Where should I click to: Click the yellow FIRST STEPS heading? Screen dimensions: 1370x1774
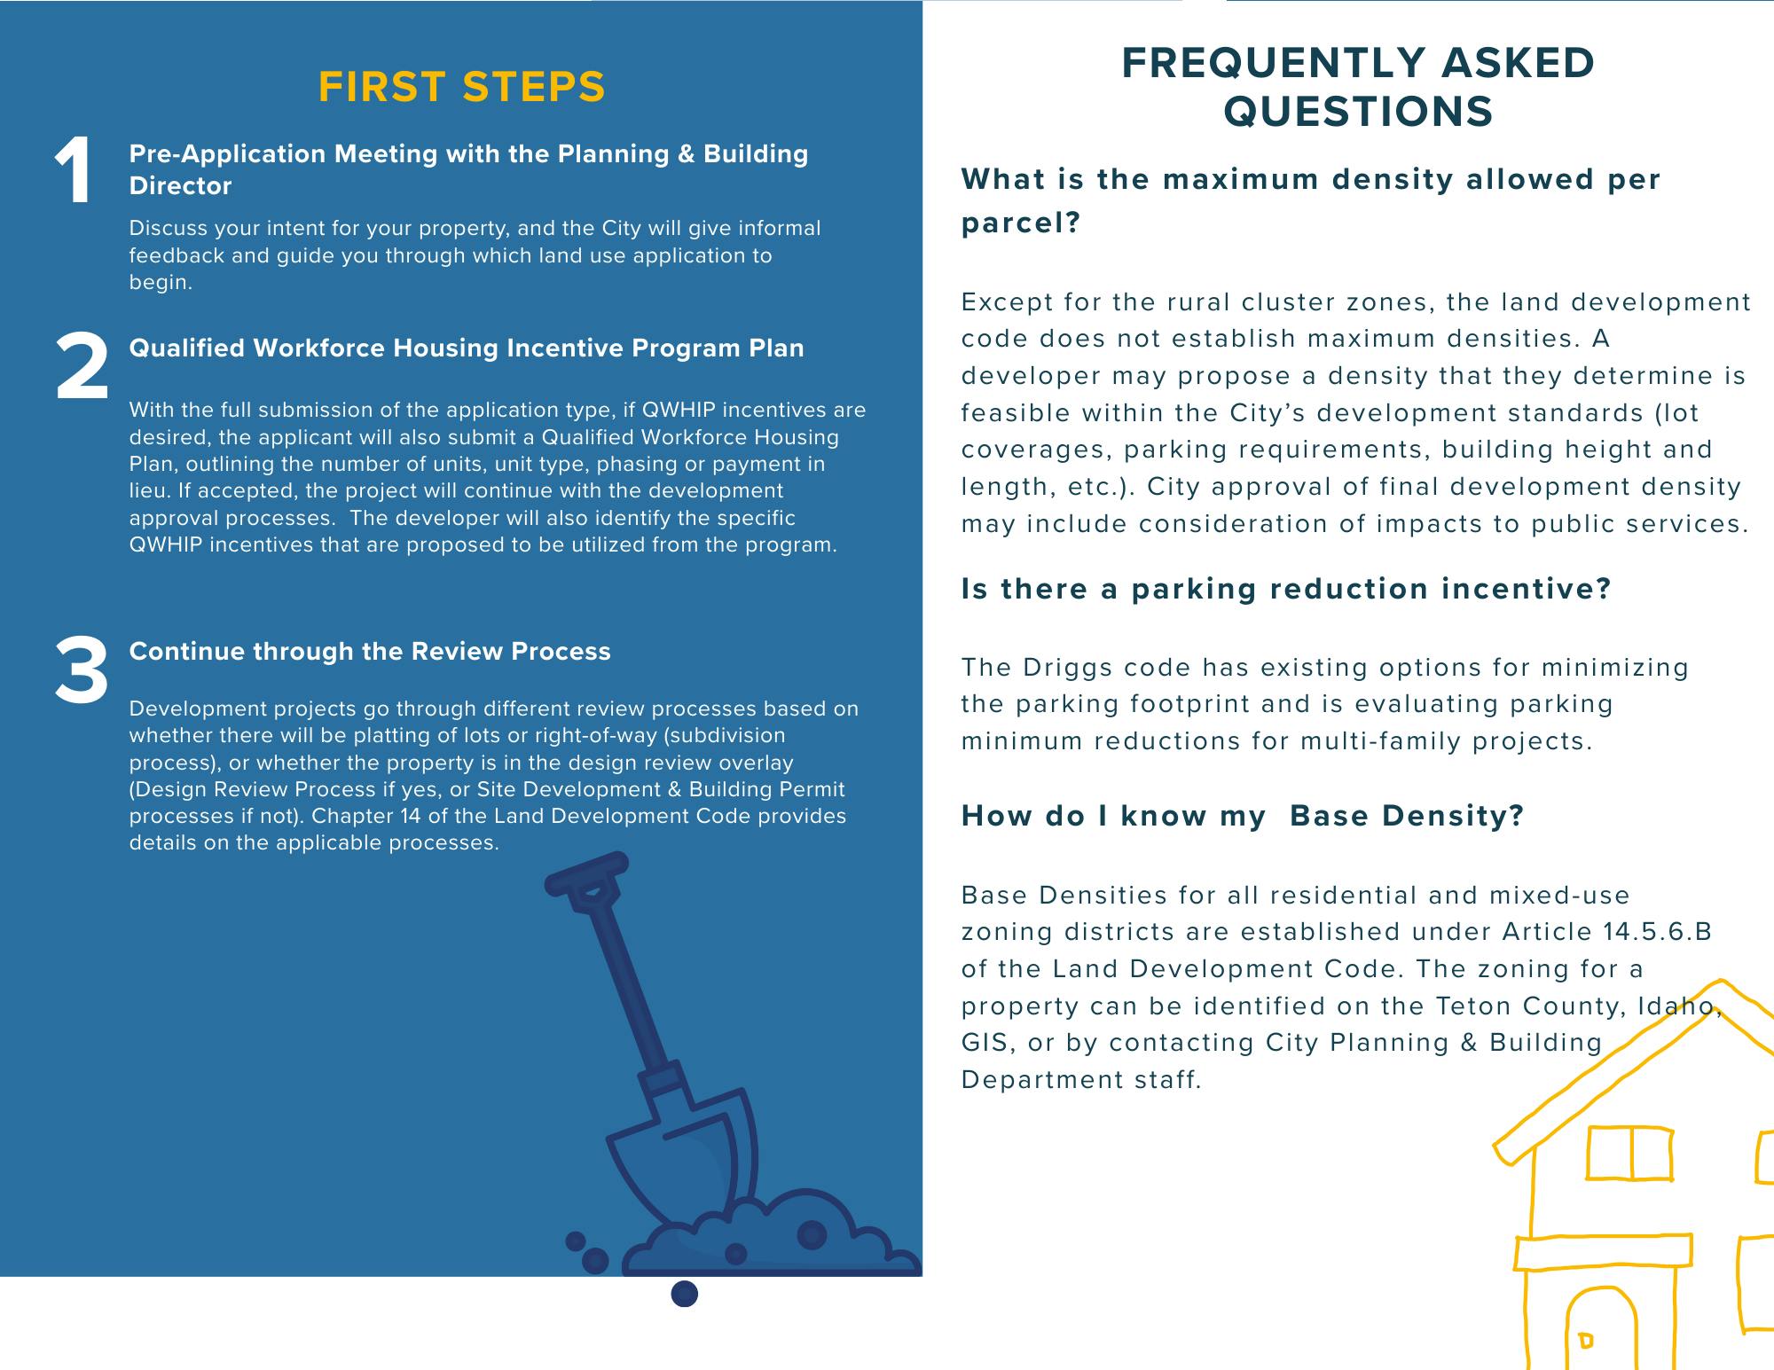coord(461,88)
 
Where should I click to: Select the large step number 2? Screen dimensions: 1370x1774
coord(82,365)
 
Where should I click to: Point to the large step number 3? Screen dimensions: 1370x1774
coord(82,670)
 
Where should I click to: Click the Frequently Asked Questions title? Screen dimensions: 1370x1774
coord(1358,87)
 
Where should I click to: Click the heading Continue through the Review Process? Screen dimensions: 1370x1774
coord(370,652)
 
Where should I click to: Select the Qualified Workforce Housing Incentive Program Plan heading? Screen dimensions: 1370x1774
coord(467,348)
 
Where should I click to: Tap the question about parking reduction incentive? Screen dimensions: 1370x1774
coord(1285,590)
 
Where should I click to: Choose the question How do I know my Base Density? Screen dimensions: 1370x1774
coord(1242,816)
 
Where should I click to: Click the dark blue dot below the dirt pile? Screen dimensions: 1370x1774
coord(685,1295)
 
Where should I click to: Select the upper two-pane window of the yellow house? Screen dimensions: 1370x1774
coord(1629,1153)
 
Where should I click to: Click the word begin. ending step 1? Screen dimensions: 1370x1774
coord(161,283)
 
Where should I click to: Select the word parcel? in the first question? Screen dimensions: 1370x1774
coord(1020,223)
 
